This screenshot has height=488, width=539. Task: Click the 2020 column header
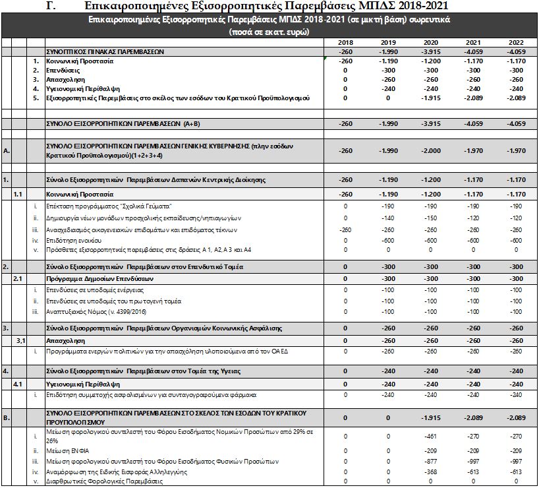click(431, 42)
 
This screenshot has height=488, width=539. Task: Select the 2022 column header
click(517, 42)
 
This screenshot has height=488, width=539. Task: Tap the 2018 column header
click(345, 42)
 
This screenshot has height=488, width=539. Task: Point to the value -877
click(431, 462)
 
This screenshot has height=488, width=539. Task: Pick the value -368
click(431, 472)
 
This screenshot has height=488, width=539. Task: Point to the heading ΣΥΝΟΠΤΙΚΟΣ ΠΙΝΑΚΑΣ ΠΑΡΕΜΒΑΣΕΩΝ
click(104, 51)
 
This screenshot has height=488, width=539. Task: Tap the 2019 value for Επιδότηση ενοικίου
click(388, 240)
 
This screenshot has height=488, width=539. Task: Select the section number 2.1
click(19, 279)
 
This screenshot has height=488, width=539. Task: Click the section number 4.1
click(19, 383)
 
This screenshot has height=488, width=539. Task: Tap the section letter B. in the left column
click(6, 417)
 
